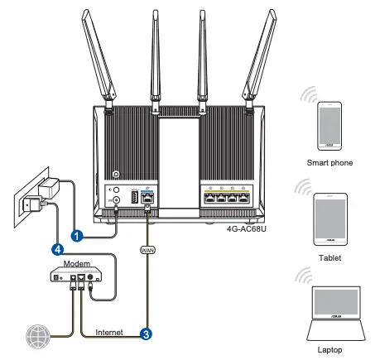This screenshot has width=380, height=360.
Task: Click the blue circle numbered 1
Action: pos(76,235)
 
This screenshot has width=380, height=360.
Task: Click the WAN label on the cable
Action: pos(148,247)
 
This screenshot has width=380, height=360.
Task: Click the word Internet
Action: pos(108,332)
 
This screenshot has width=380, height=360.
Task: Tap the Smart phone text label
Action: pos(329,164)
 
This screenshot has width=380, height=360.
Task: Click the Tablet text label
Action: pos(329,257)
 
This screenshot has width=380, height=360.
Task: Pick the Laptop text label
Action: pos(329,350)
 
